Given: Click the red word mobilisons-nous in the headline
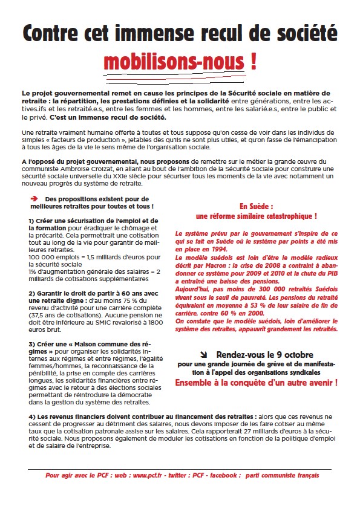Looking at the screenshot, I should point(174,62).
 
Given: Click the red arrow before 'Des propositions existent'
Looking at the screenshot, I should point(34,198).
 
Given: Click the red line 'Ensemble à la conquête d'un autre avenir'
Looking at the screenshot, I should point(257,383).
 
